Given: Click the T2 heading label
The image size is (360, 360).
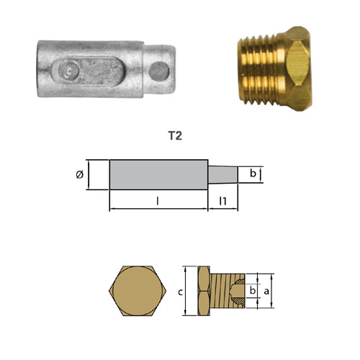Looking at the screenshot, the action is pyautogui.click(x=175, y=136).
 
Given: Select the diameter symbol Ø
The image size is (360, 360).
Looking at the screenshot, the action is pyautogui.click(x=80, y=174).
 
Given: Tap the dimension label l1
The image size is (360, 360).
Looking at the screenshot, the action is pyautogui.click(x=223, y=201).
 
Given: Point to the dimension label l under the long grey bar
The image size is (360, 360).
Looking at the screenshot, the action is pyautogui.click(x=158, y=201).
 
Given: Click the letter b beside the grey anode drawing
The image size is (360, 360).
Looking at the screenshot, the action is pyautogui.click(x=253, y=173).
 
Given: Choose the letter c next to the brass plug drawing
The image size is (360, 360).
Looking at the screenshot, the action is pyautogui.click(x=181, y=292).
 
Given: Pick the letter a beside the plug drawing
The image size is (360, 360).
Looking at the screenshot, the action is pyautogui.click(x=266, y=292).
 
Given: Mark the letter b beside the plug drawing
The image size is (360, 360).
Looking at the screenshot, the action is pyautogui.click(x=253, y=290).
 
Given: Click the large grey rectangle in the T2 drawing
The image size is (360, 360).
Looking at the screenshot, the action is pyautogui.click(x=158, y=175).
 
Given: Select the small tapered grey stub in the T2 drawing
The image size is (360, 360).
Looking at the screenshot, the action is pyautogui.click(x=223, y=174).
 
